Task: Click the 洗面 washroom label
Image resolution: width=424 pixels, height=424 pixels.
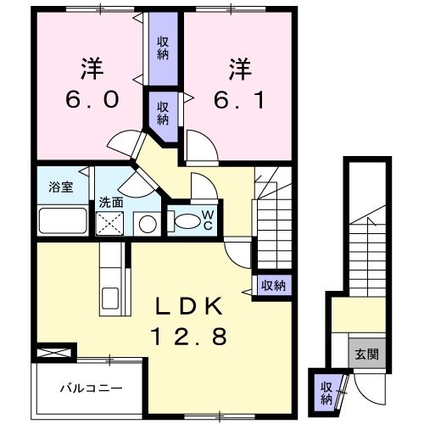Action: point(110,203)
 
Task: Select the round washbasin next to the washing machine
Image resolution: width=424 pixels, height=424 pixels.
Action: point(147,225)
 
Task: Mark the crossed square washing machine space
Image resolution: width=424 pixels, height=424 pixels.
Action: point(111,225)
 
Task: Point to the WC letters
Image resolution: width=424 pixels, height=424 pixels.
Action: point(206,220)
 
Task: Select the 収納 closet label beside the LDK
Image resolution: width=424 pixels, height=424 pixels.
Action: point(272,285)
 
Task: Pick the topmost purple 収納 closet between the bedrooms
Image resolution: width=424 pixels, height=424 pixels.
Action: point(163,48)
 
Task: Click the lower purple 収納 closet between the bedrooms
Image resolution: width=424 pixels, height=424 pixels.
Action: point(163,112)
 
